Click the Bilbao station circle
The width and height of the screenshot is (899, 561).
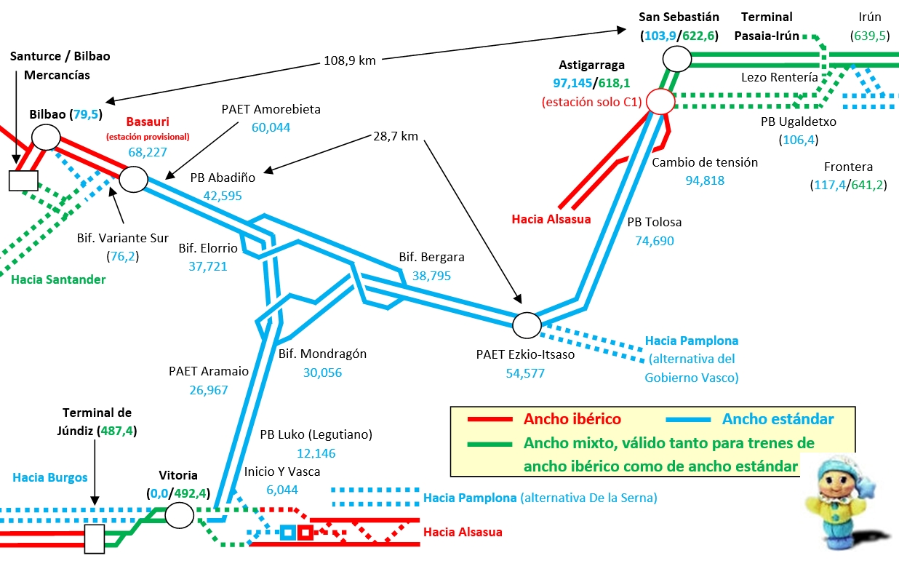(46, 136)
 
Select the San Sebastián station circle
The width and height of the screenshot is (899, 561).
(677, 59)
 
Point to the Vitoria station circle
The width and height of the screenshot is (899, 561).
(179, 515)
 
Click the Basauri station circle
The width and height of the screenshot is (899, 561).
(133, 178)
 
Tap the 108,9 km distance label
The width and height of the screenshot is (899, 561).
(349, 60)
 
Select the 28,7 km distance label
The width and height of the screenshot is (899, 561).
(395, 136)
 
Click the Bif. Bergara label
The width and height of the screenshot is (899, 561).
(431, 257)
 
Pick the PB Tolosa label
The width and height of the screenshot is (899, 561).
(654, 222)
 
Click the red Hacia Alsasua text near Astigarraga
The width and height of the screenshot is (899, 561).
(551, 218)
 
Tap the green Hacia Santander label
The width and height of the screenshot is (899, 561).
(58, 279)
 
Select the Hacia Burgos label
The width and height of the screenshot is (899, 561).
(49, 477)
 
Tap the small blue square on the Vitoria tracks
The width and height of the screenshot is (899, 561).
(287, 533)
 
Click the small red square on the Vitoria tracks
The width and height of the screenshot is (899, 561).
(305, 533)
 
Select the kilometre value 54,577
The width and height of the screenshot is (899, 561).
(525, 373)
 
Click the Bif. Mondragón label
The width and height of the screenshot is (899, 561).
(322, 354)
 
